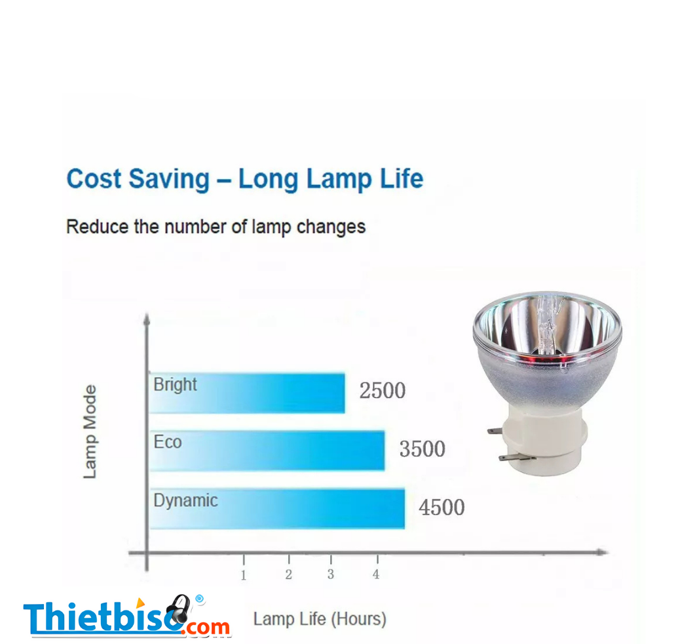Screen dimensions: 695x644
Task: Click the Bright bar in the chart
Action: (x=247, y=393)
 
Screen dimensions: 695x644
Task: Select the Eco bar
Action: (x=267, y=451)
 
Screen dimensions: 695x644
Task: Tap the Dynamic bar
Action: (x=277, y=509)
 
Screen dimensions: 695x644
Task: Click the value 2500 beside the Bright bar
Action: (x=382, y=391)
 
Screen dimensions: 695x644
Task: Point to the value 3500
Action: (x=422, y=449)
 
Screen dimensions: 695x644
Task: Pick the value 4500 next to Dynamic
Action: (x=441, y=508)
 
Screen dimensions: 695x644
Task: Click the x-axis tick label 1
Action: (x=243, y=575)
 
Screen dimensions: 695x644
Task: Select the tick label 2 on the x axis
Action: (x=289, y=574)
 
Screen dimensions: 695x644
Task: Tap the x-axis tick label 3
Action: (x=331, y=574)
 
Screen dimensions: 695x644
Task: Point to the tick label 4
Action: (x=376, y=574)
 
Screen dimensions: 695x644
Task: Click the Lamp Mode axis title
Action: (x=90, y=432)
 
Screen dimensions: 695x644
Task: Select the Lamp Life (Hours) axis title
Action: (x=320, y=618)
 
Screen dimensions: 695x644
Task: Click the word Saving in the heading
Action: (x=169, y=179)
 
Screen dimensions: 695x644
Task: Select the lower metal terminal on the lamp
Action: (x=514, y=458)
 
